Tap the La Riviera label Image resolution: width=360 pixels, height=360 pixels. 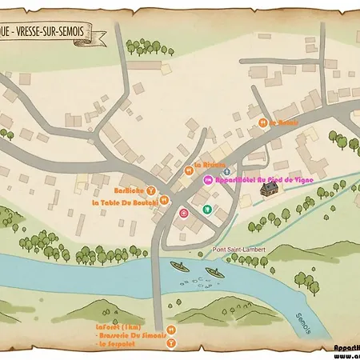212,166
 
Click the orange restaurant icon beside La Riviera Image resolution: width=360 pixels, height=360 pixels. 189,170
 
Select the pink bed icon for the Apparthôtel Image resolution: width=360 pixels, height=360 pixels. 207,181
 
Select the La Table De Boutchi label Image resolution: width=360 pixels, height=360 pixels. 124,202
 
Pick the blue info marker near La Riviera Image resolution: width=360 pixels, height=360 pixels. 226,172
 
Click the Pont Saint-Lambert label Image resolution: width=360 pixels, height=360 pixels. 234,249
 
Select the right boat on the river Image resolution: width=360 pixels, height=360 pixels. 214,274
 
